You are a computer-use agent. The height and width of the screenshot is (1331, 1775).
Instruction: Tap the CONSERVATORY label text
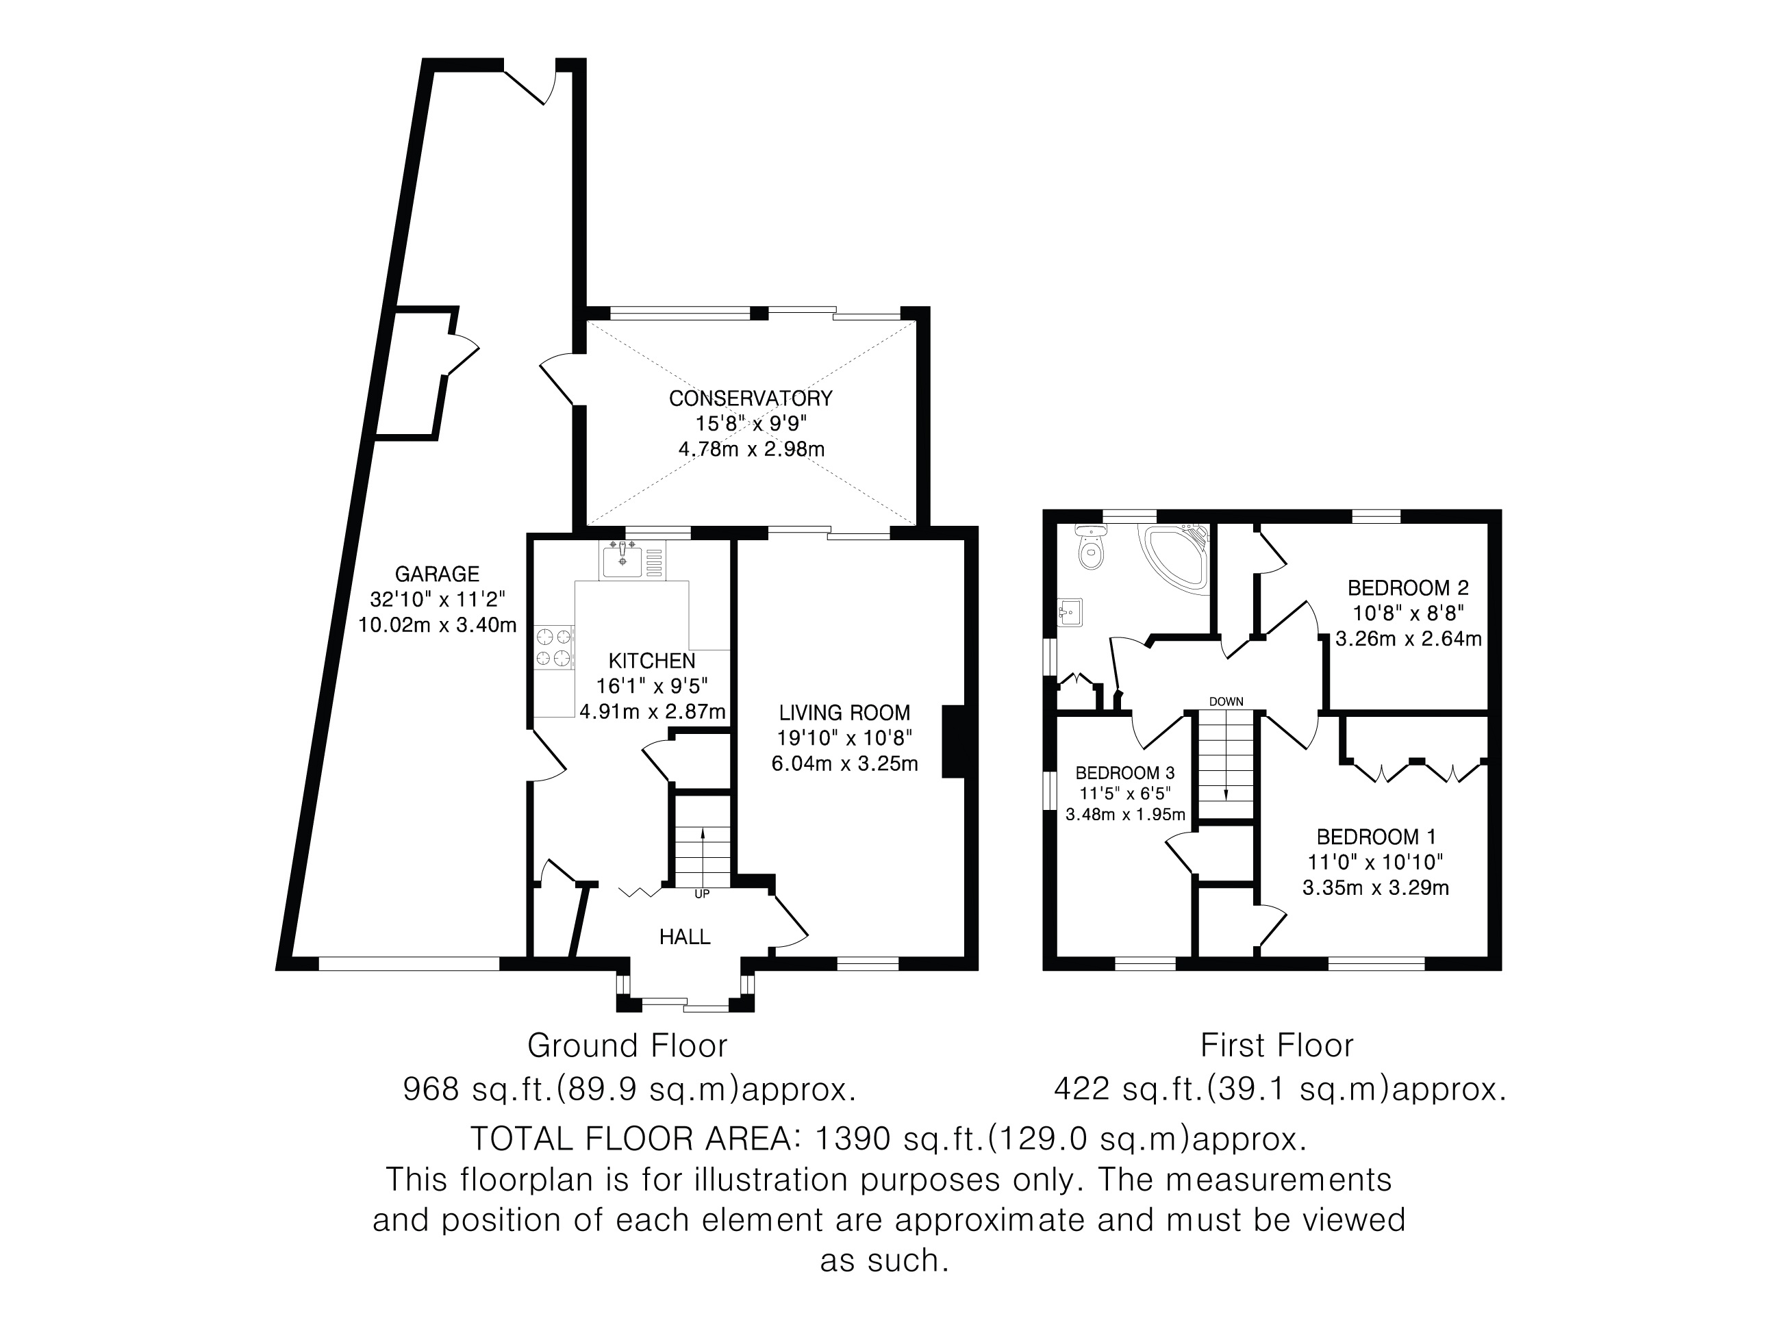751,398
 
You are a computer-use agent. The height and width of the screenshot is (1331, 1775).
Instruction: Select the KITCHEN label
651,661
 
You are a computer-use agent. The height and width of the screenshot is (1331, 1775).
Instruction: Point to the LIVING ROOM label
844,713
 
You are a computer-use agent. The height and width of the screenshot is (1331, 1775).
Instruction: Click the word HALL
685,936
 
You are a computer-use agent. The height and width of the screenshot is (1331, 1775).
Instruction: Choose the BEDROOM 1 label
1375,837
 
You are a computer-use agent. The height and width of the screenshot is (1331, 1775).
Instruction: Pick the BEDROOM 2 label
1407,587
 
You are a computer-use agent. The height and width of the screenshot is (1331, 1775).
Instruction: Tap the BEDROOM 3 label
1124,772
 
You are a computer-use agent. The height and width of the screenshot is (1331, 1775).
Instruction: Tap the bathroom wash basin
1070,613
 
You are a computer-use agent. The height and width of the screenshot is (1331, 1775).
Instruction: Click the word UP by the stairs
701,893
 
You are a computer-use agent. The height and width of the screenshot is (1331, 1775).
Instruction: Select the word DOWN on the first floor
1225,702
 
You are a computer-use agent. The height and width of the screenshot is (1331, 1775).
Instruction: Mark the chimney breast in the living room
953,741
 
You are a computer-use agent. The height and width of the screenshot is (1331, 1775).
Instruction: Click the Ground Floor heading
627,1045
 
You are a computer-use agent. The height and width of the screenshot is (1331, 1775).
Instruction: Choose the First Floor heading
1276,1045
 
